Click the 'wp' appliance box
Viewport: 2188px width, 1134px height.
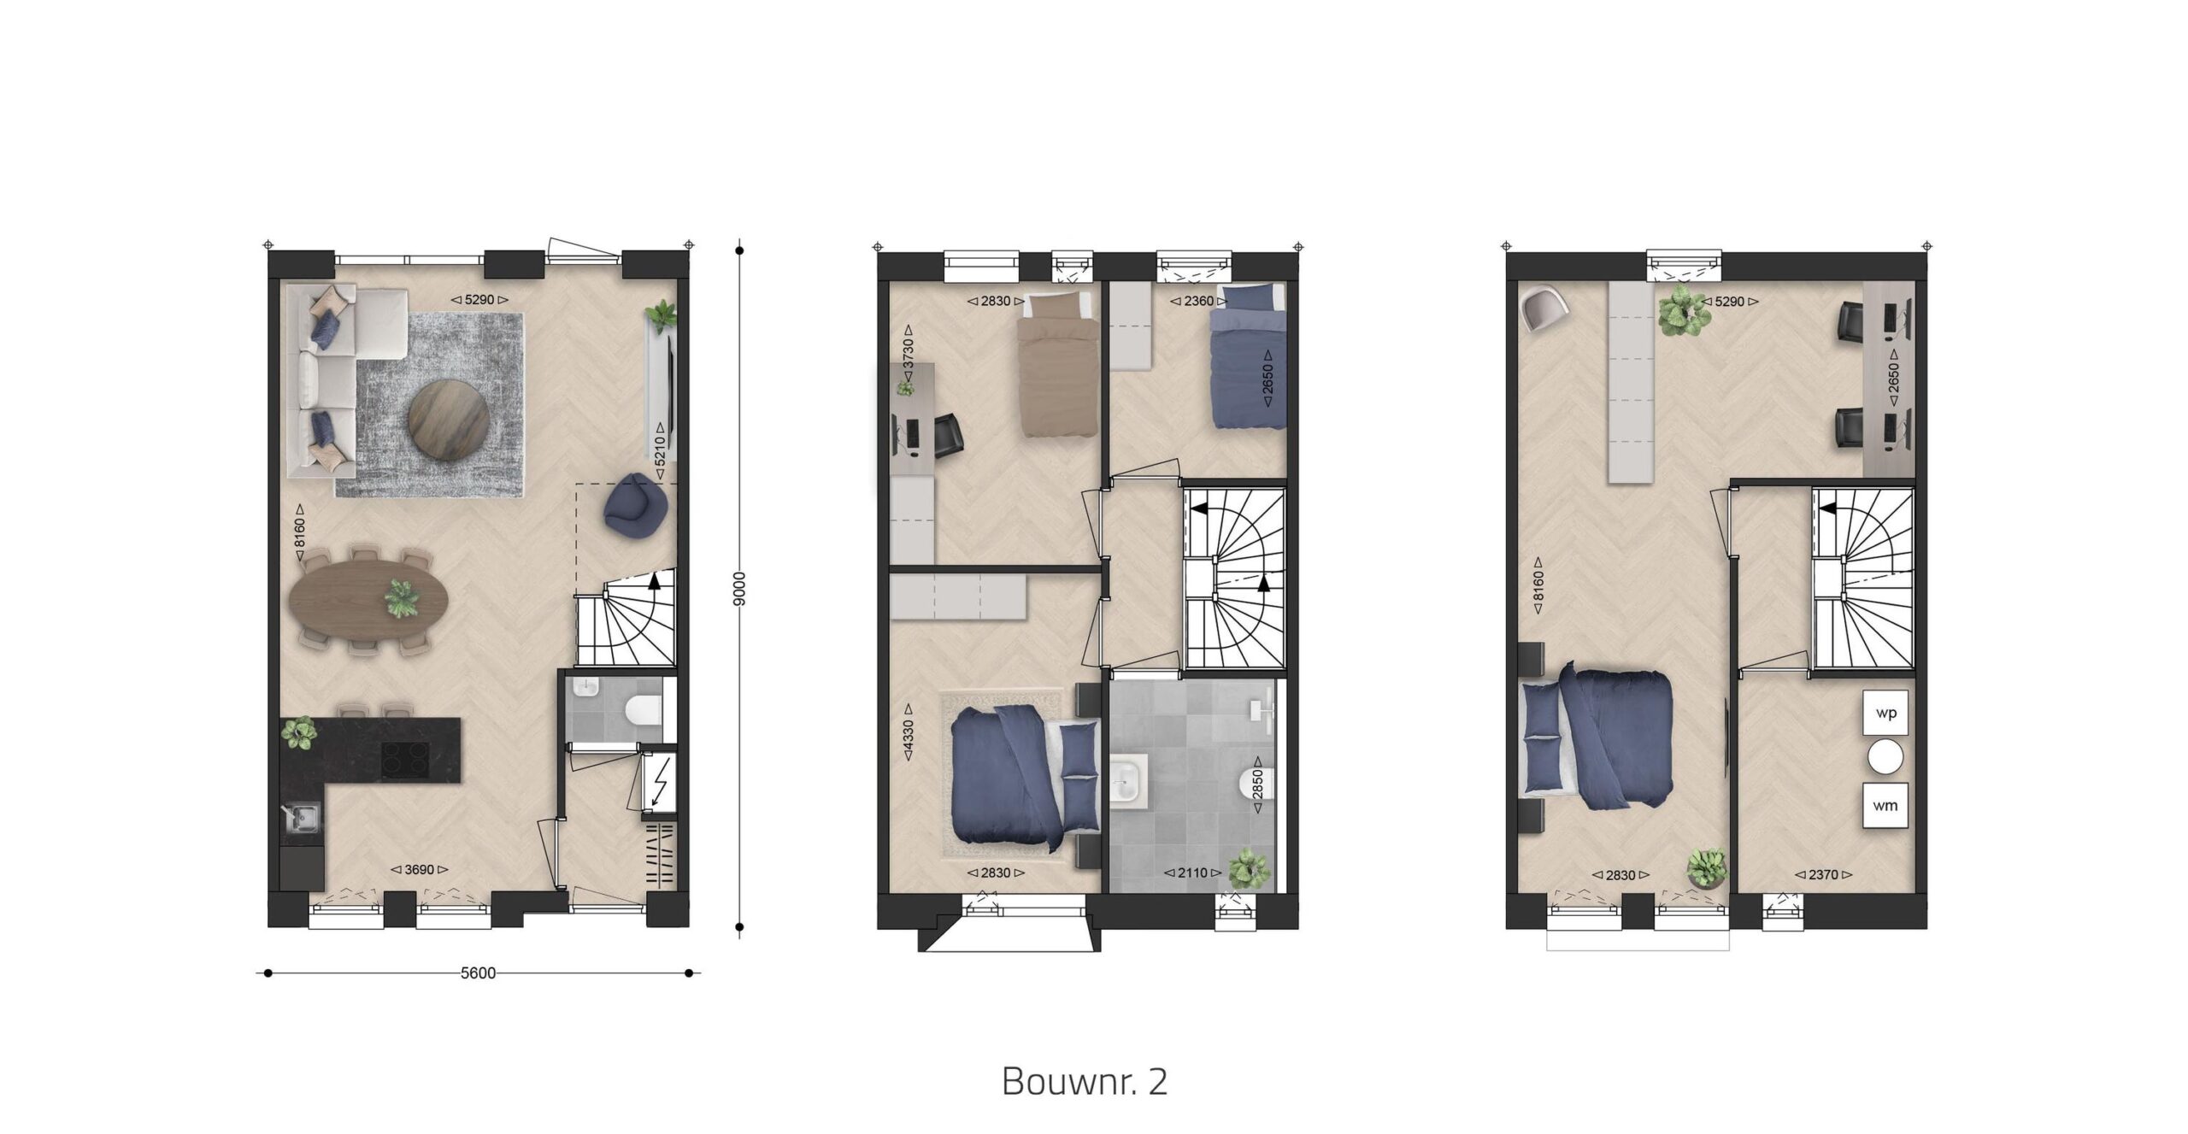(1885, 713)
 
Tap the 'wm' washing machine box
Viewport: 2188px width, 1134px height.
(1885, 805)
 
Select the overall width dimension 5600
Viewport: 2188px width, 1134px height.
(478, 973)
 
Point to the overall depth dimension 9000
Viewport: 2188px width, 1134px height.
(740, 589)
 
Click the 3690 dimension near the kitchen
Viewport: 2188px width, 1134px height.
(420, 870)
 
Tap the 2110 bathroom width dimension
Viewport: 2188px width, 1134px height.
(1195, 873)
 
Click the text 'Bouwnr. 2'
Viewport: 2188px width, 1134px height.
(1084, 1082)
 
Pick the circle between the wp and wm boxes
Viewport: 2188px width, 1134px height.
(1885, 759)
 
